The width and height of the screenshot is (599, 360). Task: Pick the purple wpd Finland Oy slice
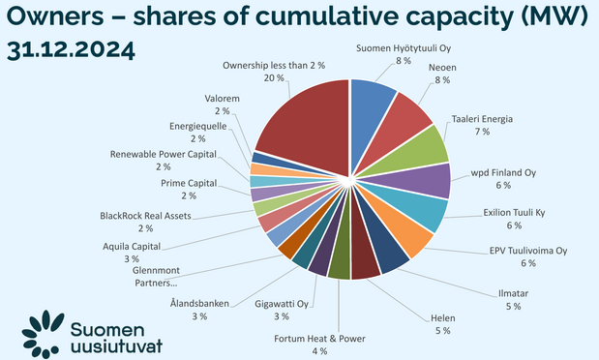tap(430, 180)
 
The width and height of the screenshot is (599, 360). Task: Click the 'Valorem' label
tap(225, 98)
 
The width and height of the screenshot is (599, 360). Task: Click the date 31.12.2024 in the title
tap(71, 49)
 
